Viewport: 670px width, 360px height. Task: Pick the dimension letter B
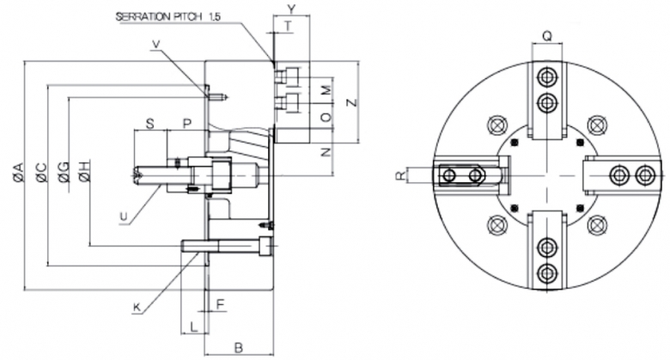click(239, 347)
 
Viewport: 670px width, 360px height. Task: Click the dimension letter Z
click(350, 102)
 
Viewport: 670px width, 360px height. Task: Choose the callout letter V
click(155, 45)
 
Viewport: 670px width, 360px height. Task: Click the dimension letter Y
click(291, 9)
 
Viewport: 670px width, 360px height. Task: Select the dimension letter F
click(222, 304)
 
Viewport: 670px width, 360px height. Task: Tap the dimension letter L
click(194, 326)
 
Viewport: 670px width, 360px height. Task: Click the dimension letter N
click(325, 151)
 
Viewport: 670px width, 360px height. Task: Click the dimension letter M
click(325, 89)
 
